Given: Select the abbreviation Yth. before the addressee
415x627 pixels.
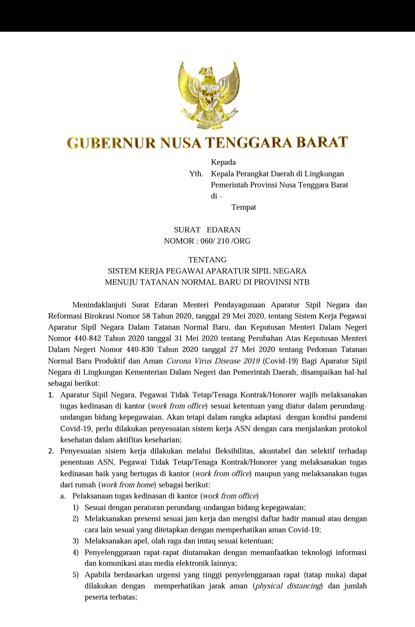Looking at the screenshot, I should click(196, 174).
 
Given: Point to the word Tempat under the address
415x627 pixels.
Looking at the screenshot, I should click(244, 208).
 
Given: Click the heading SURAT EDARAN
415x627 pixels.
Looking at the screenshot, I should click(207, 230).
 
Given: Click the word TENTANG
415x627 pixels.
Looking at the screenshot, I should click(207, 260).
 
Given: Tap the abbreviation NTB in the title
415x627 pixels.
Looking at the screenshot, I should click(301, 282).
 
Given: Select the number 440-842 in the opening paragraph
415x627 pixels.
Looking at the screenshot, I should click(86, 339).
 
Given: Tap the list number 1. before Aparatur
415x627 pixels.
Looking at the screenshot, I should click(51, 395).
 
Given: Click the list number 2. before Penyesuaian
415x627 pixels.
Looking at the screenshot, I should click(51, 451).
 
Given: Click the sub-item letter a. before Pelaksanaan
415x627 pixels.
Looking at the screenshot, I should click(63, 496).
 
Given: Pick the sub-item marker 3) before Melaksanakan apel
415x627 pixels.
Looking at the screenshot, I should click(76, 541).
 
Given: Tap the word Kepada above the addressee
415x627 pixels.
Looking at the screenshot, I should click(223, 162).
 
